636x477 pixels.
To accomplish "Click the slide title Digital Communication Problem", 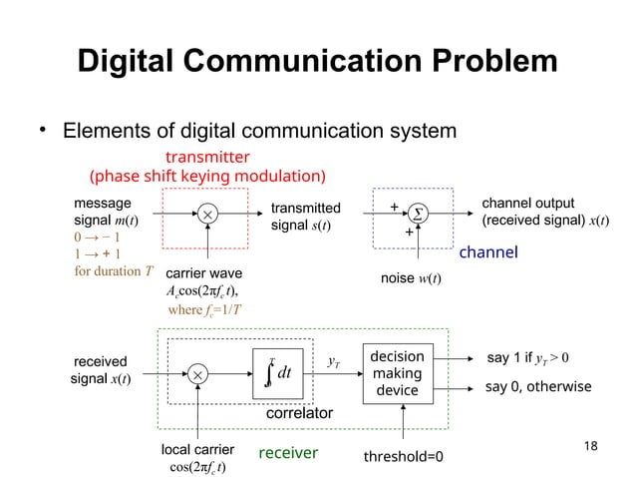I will (318, 61).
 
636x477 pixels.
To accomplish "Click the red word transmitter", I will (207, 157).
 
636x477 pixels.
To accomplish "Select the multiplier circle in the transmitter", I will (207, 215).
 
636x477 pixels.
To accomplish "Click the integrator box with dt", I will (278, 371).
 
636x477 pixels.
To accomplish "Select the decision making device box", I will (397, 373).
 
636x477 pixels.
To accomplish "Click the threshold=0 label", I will (403, 455).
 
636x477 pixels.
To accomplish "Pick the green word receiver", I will (288, 453).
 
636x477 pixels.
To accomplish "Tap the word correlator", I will (299, 412).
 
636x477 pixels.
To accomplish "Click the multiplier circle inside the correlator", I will (198, 373).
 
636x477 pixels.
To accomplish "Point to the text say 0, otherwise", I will (538, 387).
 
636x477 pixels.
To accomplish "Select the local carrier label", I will (197, 450).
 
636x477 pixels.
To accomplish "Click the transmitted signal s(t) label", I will (305, 216).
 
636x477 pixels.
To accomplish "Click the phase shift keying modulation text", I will (208, 177).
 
